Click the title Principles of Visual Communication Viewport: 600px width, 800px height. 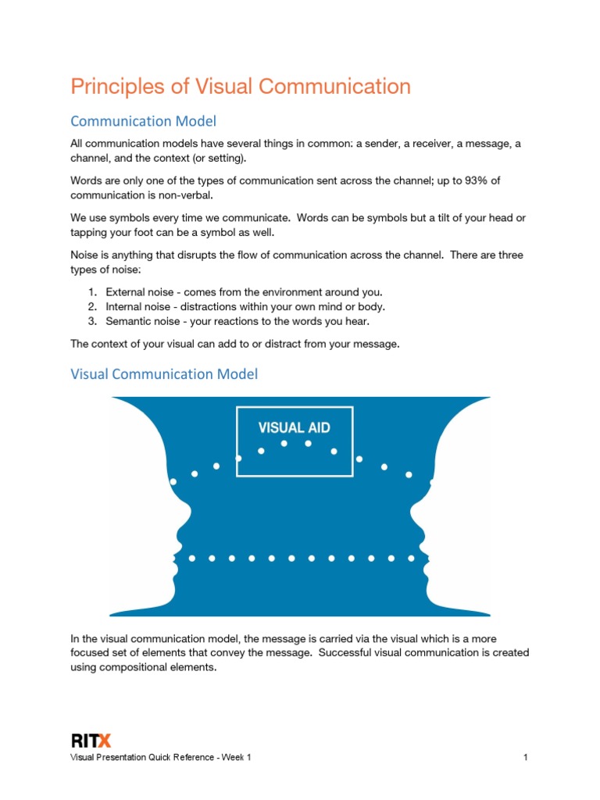pyautogui.click(x=241, y=86)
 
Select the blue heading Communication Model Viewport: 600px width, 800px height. pyautogui.click(x=143, y=121)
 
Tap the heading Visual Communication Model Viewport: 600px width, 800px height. pyautogui.click(x=164, y=374)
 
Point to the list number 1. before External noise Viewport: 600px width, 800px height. pyautogui.click(x=91, y=291)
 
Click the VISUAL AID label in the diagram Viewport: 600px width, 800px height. pyautogui.click(x=295, y=427)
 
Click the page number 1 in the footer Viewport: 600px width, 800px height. pyautogui.click(x=527, y=758)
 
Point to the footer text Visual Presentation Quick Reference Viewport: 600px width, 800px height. pyautogui.click(x=141, y=758)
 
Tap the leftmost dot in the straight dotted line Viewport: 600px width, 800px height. pyautogui.click(x=192, y=559)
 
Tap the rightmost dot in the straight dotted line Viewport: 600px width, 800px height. pyautogui.click(x=412, y=559)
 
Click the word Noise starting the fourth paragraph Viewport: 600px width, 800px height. pyautogui.click(x=84, y=255)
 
